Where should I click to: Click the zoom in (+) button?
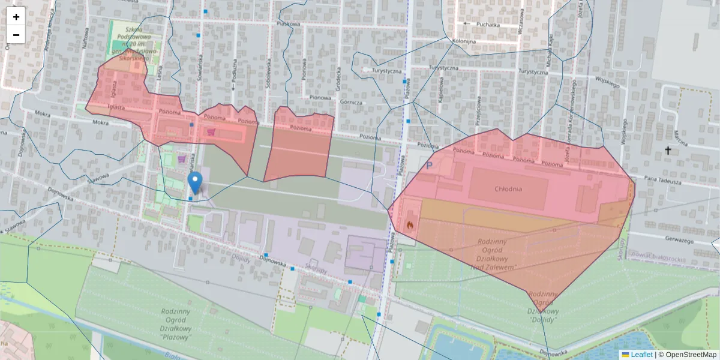pyautogui.click(x=16, y=17)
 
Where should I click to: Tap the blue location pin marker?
pyautogui.click(x=194, y=181)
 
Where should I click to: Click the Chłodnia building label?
pyautogui.click(x=508, y=189)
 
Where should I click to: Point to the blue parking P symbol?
pyautogui.click(x=428, y=164)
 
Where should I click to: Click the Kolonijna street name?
pyautogui.click(x=464, y=41)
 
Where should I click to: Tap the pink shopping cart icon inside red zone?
pyautogui.click(x=211, y=131)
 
